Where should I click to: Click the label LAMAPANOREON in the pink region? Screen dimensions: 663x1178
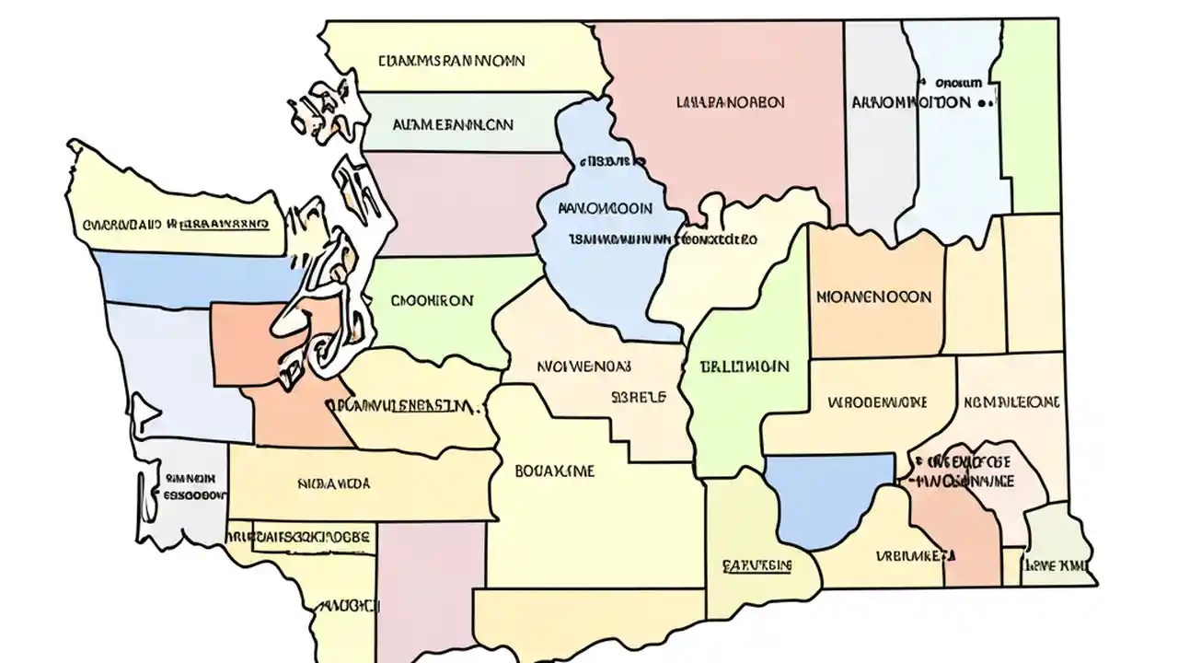point(730,101)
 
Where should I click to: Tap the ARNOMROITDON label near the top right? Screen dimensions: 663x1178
point(911,102)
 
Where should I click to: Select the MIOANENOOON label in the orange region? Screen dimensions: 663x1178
point(873,297)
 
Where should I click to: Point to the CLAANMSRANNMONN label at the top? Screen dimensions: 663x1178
point(451,61)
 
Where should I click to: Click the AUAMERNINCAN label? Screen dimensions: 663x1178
point(453,123)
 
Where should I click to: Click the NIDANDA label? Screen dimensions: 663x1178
point(334,483)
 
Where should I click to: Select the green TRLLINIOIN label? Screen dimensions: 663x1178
point(744,366)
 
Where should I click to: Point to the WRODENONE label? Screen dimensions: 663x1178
point(877,402)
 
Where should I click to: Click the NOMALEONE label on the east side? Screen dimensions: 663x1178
point(1011,402)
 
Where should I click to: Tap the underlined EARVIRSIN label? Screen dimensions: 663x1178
point(756,564)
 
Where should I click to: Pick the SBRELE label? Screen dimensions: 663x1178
point(638,399)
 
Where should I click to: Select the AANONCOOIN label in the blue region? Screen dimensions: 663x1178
point(606,209)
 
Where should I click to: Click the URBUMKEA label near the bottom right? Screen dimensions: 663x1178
point(915,555)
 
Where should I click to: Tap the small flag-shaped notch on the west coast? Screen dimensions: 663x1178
point(141,412)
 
